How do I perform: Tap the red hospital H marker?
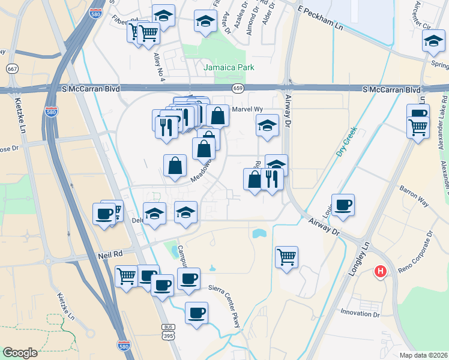(x=379, y=272)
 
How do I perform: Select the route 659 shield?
(x=238, y=89)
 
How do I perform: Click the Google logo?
(x=20, y=353)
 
